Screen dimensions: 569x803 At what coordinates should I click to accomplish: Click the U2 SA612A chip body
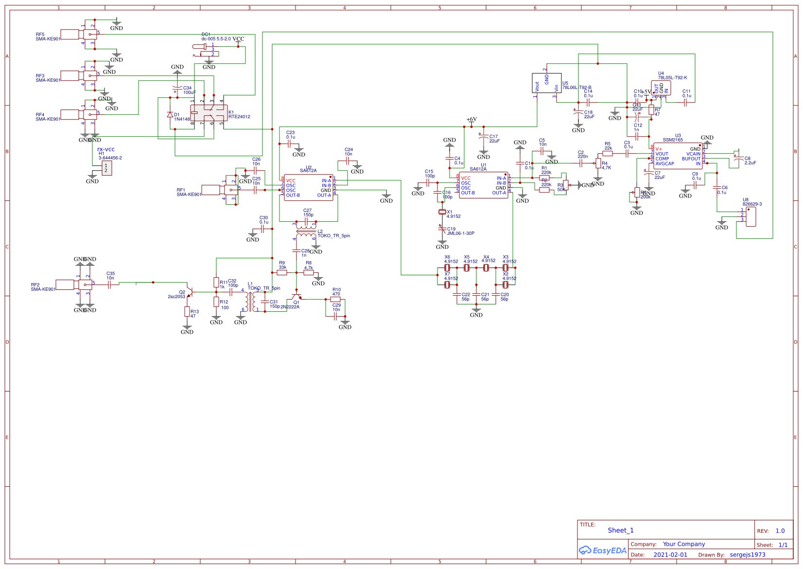(x=309, y=187)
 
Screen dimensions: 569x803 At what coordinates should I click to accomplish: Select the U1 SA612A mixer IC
(x=484, y=185)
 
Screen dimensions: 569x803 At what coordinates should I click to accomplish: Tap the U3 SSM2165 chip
(x=678, y=156)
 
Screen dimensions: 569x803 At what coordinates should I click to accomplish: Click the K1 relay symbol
(x=209, y=113)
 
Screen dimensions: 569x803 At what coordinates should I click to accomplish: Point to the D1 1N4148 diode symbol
(x=170, y=115)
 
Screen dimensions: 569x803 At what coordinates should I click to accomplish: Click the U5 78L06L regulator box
(x=547, y=83)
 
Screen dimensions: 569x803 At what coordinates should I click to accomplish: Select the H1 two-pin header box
(x=106, y=168)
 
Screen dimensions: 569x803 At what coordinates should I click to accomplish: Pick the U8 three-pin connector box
(x=751, y=216)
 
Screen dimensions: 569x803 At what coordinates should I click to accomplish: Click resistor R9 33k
(x=282, y=273)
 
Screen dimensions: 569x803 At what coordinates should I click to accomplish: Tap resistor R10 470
(x=335, y=299)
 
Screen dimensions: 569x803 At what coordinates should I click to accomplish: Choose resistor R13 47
(x=187, y=311)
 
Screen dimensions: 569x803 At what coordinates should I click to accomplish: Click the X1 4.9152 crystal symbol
(x=442, y=212)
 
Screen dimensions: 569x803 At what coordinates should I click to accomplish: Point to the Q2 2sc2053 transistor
(x=190, y=292)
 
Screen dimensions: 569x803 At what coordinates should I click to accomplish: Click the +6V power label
(x=471, y=119)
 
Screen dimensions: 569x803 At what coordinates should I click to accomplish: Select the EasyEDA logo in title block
(x=602, y=551)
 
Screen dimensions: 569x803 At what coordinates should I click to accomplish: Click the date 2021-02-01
(x=670, y=554)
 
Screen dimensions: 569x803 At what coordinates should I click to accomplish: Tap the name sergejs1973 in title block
(x=747, y=554)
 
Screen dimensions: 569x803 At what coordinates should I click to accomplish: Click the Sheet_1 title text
(x=621, y=530)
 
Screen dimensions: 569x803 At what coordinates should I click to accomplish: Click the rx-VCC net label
(x=106, y=150)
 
